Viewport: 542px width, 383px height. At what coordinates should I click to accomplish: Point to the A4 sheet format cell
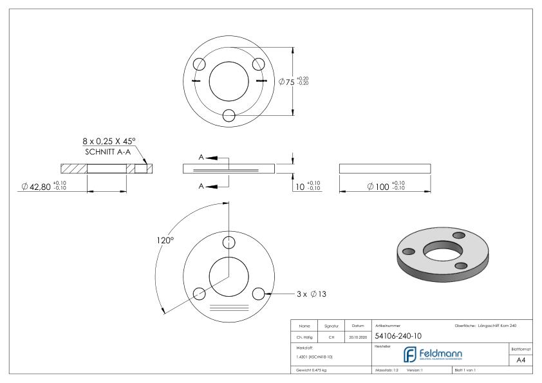click(521, 361)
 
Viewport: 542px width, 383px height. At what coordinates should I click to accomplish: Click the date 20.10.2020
click(358, 336)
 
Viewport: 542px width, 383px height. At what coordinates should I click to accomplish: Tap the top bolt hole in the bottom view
click(228, 242)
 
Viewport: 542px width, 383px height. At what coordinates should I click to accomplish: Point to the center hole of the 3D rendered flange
click(443, 250)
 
